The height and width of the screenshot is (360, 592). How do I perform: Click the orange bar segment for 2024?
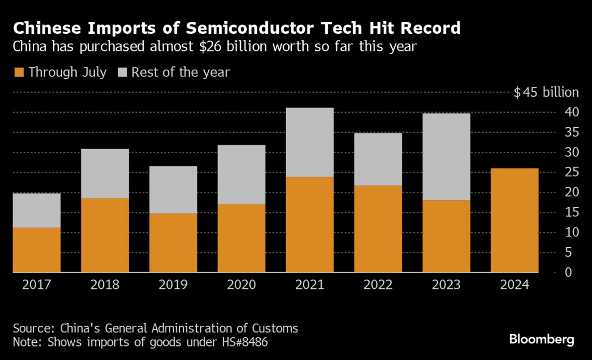click(x=515, y=220)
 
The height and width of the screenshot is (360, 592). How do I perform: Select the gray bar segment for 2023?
click(x=446, y=157)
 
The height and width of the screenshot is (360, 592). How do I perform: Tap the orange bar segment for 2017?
click(x=36, y=250)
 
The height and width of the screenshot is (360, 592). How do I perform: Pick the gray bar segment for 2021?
click(x=310, y=142)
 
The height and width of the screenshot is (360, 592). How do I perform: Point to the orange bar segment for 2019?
click(x=173, y=243)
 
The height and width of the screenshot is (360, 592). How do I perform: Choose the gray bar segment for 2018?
click(x=105, y=174)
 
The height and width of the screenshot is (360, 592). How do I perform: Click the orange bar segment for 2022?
click(x=378, y=229)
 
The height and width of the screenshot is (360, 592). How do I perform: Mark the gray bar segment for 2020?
click(x=241, y=175)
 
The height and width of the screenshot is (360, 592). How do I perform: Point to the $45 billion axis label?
click(x=546, y=92)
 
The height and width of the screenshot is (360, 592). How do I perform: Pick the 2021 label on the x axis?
click(x=310, y=285)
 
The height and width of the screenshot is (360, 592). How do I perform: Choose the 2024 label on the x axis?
click(x=515, y=285)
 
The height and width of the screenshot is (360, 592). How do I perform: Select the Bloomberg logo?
click(x=542, y=340)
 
